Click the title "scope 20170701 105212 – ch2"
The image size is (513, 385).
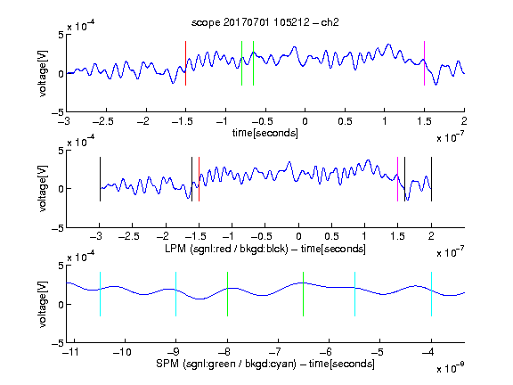click(x=265, y=22)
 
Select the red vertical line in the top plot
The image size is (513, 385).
click(x=185, y=63)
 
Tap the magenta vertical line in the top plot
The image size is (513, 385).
click(x=424, y=63)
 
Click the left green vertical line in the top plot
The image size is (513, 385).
click(x=241, y=63)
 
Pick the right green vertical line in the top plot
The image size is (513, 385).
click(x=253, y=63)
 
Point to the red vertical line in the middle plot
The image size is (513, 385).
click(x=199, y=179)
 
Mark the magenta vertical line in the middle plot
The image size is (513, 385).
click(x=397, y=179)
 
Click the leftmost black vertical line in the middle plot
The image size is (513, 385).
click(x=100, y=179)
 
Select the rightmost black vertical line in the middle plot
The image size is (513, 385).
click(x=431, y=179)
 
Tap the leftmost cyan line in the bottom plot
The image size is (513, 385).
click(x=100, y=294)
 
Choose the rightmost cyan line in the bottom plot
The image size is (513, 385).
click(x=431, y=294)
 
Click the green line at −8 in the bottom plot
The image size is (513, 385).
click(x=227, y=294)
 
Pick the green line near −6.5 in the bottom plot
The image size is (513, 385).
click(x=304, y=294)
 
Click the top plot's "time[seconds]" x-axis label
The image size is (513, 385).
click(x=265, y=133)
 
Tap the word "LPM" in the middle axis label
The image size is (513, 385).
click(x=175, y=249)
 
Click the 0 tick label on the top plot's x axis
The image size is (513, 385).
click(x=305, y=121)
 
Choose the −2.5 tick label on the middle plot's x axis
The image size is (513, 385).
click(x=128, y=236)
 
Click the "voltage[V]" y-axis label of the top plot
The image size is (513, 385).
click(x=43, y=73)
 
